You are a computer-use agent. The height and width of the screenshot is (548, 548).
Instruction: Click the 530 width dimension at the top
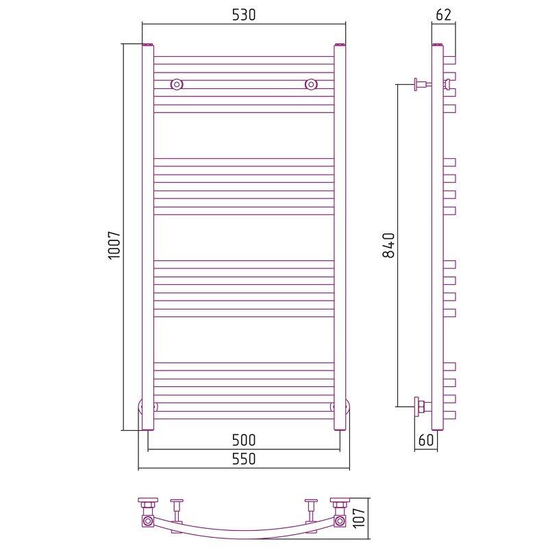[244, 14]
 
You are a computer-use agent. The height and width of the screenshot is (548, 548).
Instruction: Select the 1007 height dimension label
[114, 245]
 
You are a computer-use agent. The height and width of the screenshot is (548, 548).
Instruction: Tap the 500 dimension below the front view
[244, 440]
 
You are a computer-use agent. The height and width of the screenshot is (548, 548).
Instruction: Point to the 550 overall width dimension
[244, 459]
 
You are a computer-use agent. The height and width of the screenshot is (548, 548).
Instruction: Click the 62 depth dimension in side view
[443, 14]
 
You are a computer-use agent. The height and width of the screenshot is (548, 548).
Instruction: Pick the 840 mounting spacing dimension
[388, 245]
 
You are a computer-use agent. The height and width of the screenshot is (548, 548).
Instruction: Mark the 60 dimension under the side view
[425, 440]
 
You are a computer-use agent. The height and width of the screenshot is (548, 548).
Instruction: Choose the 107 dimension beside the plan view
[359, 518]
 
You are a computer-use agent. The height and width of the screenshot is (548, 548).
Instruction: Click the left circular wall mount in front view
[177, 84]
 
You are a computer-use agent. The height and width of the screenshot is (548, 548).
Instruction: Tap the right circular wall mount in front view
[311, 84]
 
